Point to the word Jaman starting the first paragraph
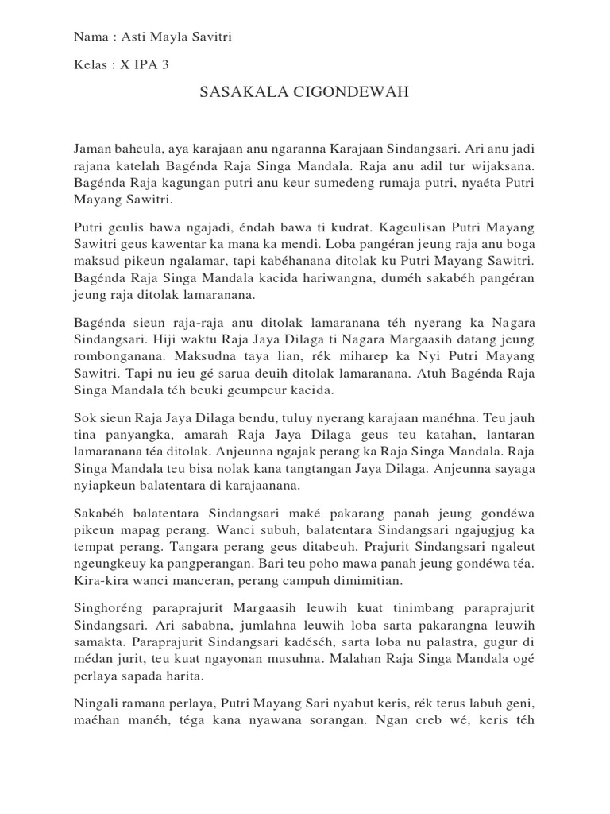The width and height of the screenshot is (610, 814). [x=94, y=149]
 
